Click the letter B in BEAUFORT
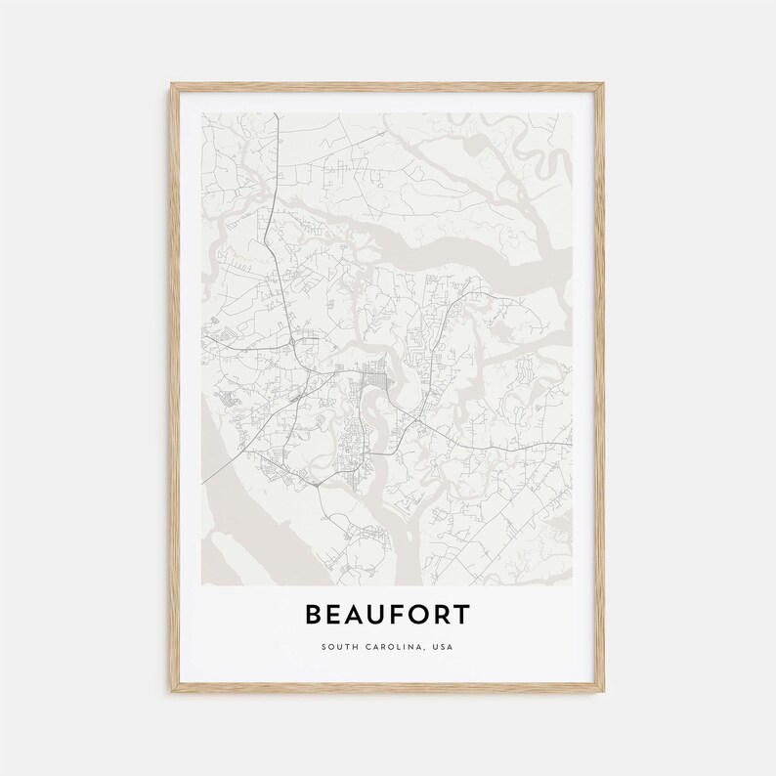pos(316,615)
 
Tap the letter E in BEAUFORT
pos(338,615)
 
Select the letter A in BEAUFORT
pos(361,615)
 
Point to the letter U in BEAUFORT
pos(385,615)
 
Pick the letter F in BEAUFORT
pos(408,615)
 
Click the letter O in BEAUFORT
pos(430,615)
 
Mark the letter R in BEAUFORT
pos(453,615)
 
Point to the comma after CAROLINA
pos(421,649)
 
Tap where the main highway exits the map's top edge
pos(278,114)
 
